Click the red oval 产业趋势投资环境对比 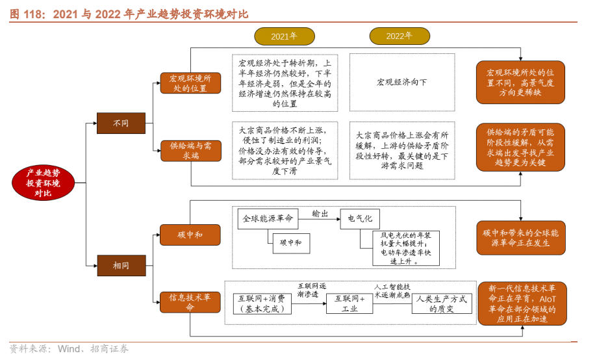point(43,183)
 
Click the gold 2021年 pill point(284,36)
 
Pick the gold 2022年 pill point(399,36)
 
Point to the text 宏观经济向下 point(402,83)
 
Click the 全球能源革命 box point(268,219)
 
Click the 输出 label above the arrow point(320,213)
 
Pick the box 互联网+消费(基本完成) point(262,303)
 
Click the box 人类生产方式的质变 point(441,303)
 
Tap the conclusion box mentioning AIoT point(521,303)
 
